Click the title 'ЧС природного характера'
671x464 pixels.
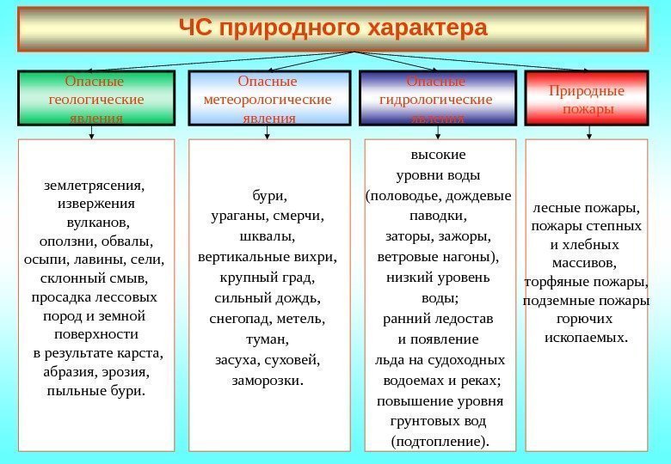coord(332,29)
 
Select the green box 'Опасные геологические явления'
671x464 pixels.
coord(96,99)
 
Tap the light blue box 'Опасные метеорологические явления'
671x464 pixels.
coord(268,99)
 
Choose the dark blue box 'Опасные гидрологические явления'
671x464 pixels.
coord(437,99)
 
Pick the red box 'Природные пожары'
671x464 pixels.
coord(587,99)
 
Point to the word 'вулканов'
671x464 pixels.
coord(96,222)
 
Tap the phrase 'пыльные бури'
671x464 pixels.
coord(95,391)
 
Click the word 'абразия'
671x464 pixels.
coord(69,372)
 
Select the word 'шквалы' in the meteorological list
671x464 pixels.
coord(267,235)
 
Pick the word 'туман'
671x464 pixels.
coord(267,339)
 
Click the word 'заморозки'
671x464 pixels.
coord(268,379)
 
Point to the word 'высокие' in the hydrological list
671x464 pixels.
coord(438,156)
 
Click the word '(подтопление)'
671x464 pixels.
coord(439,442)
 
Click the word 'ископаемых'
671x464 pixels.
coord(585,337)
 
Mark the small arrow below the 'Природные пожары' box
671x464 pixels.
coord(589,131)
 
